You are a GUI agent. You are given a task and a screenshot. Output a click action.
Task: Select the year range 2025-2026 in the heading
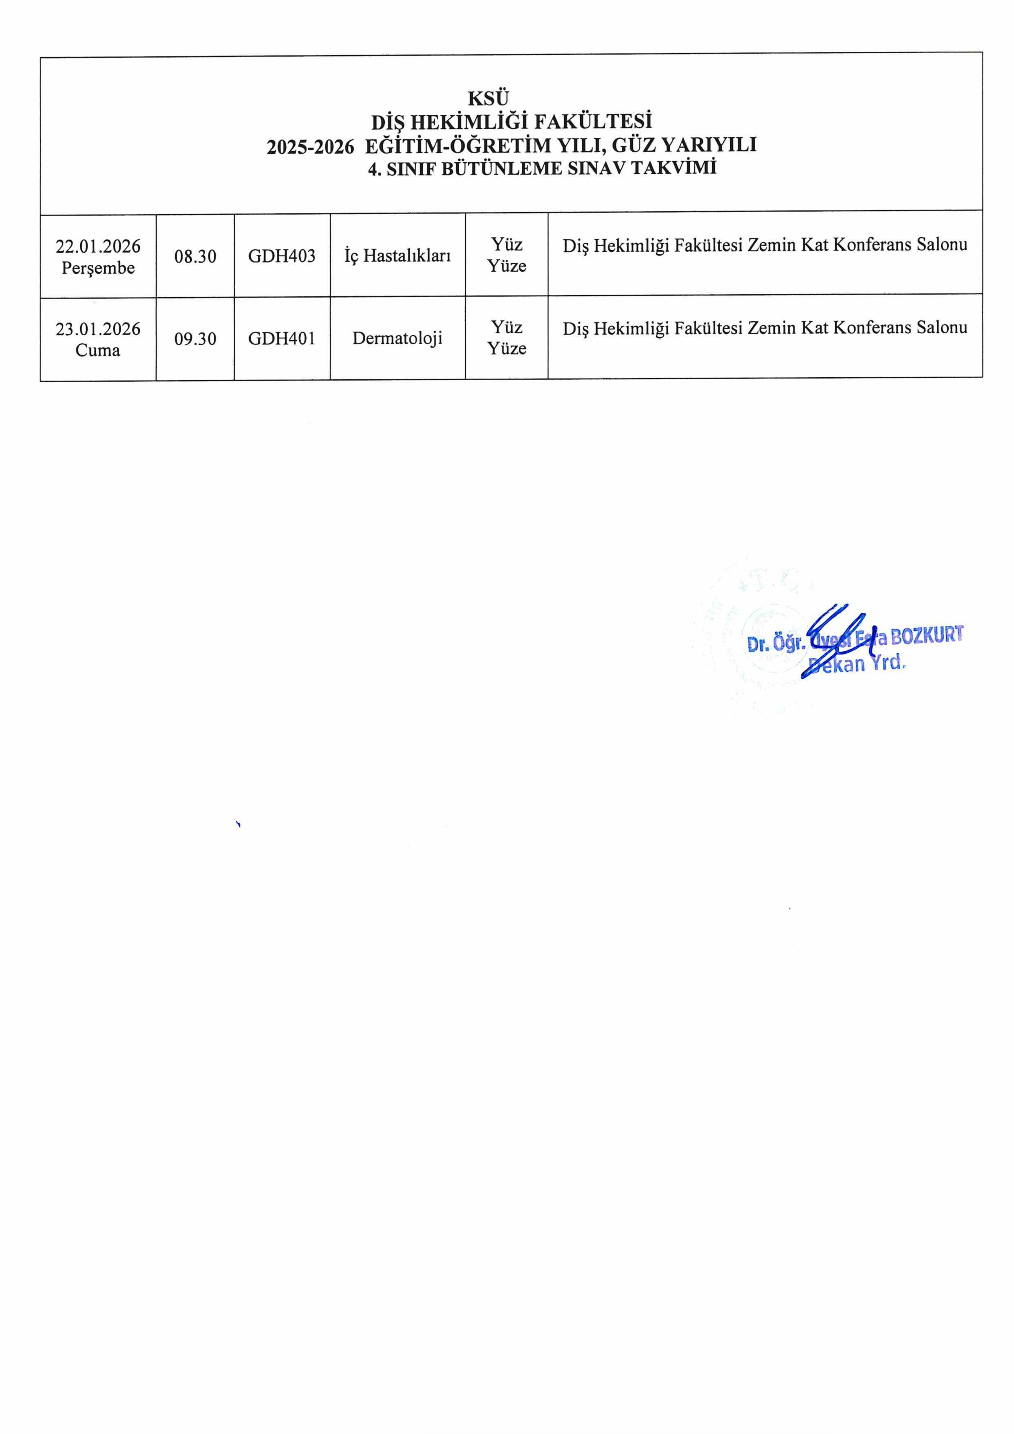pyautogui.click(x=310, y=147)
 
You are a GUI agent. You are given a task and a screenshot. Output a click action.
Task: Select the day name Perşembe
pyautogui.click(x=98, y=268)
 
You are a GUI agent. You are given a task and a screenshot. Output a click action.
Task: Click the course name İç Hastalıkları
pyautogui.click(x=397, y=256)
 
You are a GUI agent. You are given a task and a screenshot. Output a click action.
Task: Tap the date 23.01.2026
pyautogui.click(x=98, y=329)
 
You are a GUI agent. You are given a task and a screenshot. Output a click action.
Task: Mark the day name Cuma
pyautogui.click(x=98, y=350)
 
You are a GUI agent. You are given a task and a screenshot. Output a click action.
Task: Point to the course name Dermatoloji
pyautogui.click(x=397, y=338)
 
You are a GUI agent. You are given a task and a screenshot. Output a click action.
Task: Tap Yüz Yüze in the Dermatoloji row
pyautogui.click(x=507, y=338)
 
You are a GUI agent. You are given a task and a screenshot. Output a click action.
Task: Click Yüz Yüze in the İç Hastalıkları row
pyautogui.click(x=507, y=255)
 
